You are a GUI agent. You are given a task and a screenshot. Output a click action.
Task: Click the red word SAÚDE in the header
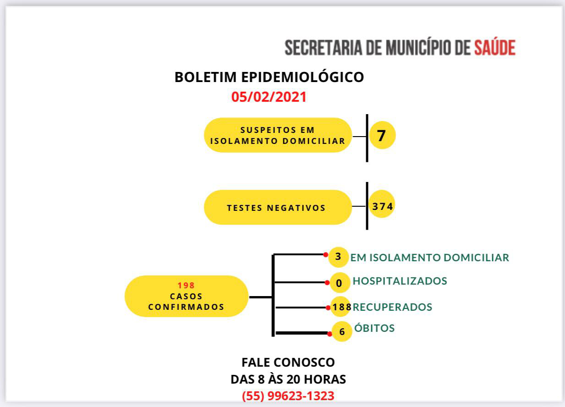(495, 47)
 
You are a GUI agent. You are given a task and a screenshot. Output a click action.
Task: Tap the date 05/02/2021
(269, 97)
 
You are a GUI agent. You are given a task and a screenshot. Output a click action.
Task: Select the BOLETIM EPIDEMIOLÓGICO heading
(269, 77)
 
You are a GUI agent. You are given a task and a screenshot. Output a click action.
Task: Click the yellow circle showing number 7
(382, 135)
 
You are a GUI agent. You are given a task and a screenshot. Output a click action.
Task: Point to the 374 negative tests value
(382, 206)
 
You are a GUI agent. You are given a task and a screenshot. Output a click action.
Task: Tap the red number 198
(186, 285)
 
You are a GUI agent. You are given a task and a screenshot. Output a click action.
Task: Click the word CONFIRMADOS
(186, 307)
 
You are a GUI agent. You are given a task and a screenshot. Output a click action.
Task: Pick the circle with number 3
(339, 257)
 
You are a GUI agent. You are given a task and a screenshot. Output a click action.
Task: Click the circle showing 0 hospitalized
(340, 283)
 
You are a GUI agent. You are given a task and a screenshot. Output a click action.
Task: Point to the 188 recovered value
(342, 307)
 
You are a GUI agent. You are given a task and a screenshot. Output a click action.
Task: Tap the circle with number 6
(342, 331)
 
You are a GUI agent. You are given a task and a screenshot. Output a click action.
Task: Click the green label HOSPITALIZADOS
(400, 281)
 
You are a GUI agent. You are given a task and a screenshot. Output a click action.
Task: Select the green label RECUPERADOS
(392, 307)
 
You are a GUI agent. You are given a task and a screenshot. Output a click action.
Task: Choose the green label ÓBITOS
(374, 328)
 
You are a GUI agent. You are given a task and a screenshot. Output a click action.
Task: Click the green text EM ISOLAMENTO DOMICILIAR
(430, 258)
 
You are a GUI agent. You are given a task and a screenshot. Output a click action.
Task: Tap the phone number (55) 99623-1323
(288, 396)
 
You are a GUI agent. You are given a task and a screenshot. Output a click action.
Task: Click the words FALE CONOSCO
(288, 363)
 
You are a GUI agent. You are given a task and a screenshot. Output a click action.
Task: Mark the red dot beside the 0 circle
(327, 283)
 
